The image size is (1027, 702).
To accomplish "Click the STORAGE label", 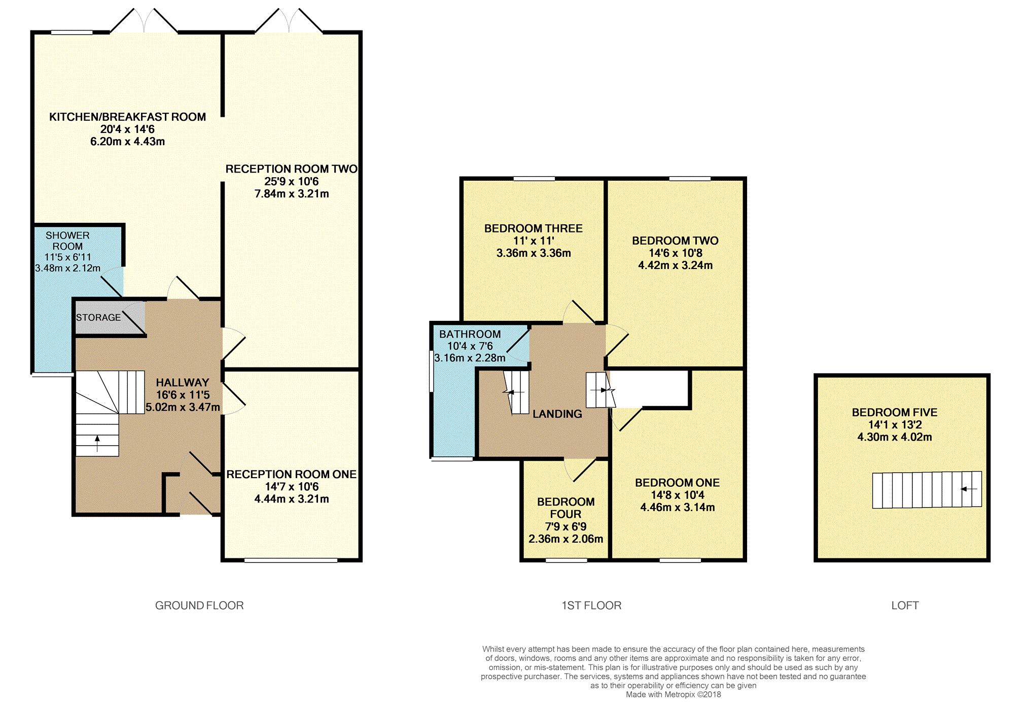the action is pos(98,317).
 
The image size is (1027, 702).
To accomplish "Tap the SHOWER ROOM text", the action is pos(67,241).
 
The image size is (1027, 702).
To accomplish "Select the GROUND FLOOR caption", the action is pos(199,605).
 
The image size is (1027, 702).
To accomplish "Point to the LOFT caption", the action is pos(905,605).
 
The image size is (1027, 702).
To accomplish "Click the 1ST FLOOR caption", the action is pos(591,605).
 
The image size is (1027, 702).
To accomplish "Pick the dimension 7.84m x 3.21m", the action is pos(292,193).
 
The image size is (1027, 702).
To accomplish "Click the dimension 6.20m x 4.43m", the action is pos(127,142).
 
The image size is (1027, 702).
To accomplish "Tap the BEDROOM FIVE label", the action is pos(895,412).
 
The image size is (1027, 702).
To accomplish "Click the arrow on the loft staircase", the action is pos(969,489).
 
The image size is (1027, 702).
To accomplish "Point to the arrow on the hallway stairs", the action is pos(97,443).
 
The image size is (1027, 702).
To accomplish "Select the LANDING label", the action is pos(557,414).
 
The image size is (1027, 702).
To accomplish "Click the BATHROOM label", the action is pos(470,334).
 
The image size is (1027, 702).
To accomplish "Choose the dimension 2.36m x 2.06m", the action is pos(566,539).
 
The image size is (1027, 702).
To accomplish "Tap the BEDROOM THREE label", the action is pos(534,228).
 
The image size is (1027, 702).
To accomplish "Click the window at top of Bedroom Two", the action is pos(690,179).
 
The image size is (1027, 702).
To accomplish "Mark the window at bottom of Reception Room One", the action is pos(291,560).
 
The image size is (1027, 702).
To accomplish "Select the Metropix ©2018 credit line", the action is pos(674,694).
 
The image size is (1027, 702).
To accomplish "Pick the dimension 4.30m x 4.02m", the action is pos(895,437).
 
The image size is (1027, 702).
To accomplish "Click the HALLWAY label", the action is pos(183,383).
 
